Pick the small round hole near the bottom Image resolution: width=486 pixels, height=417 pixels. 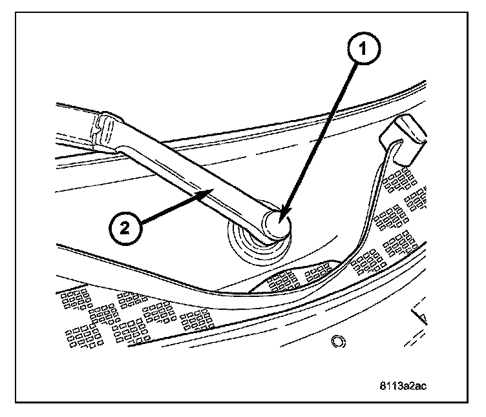(x=336, y=340)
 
